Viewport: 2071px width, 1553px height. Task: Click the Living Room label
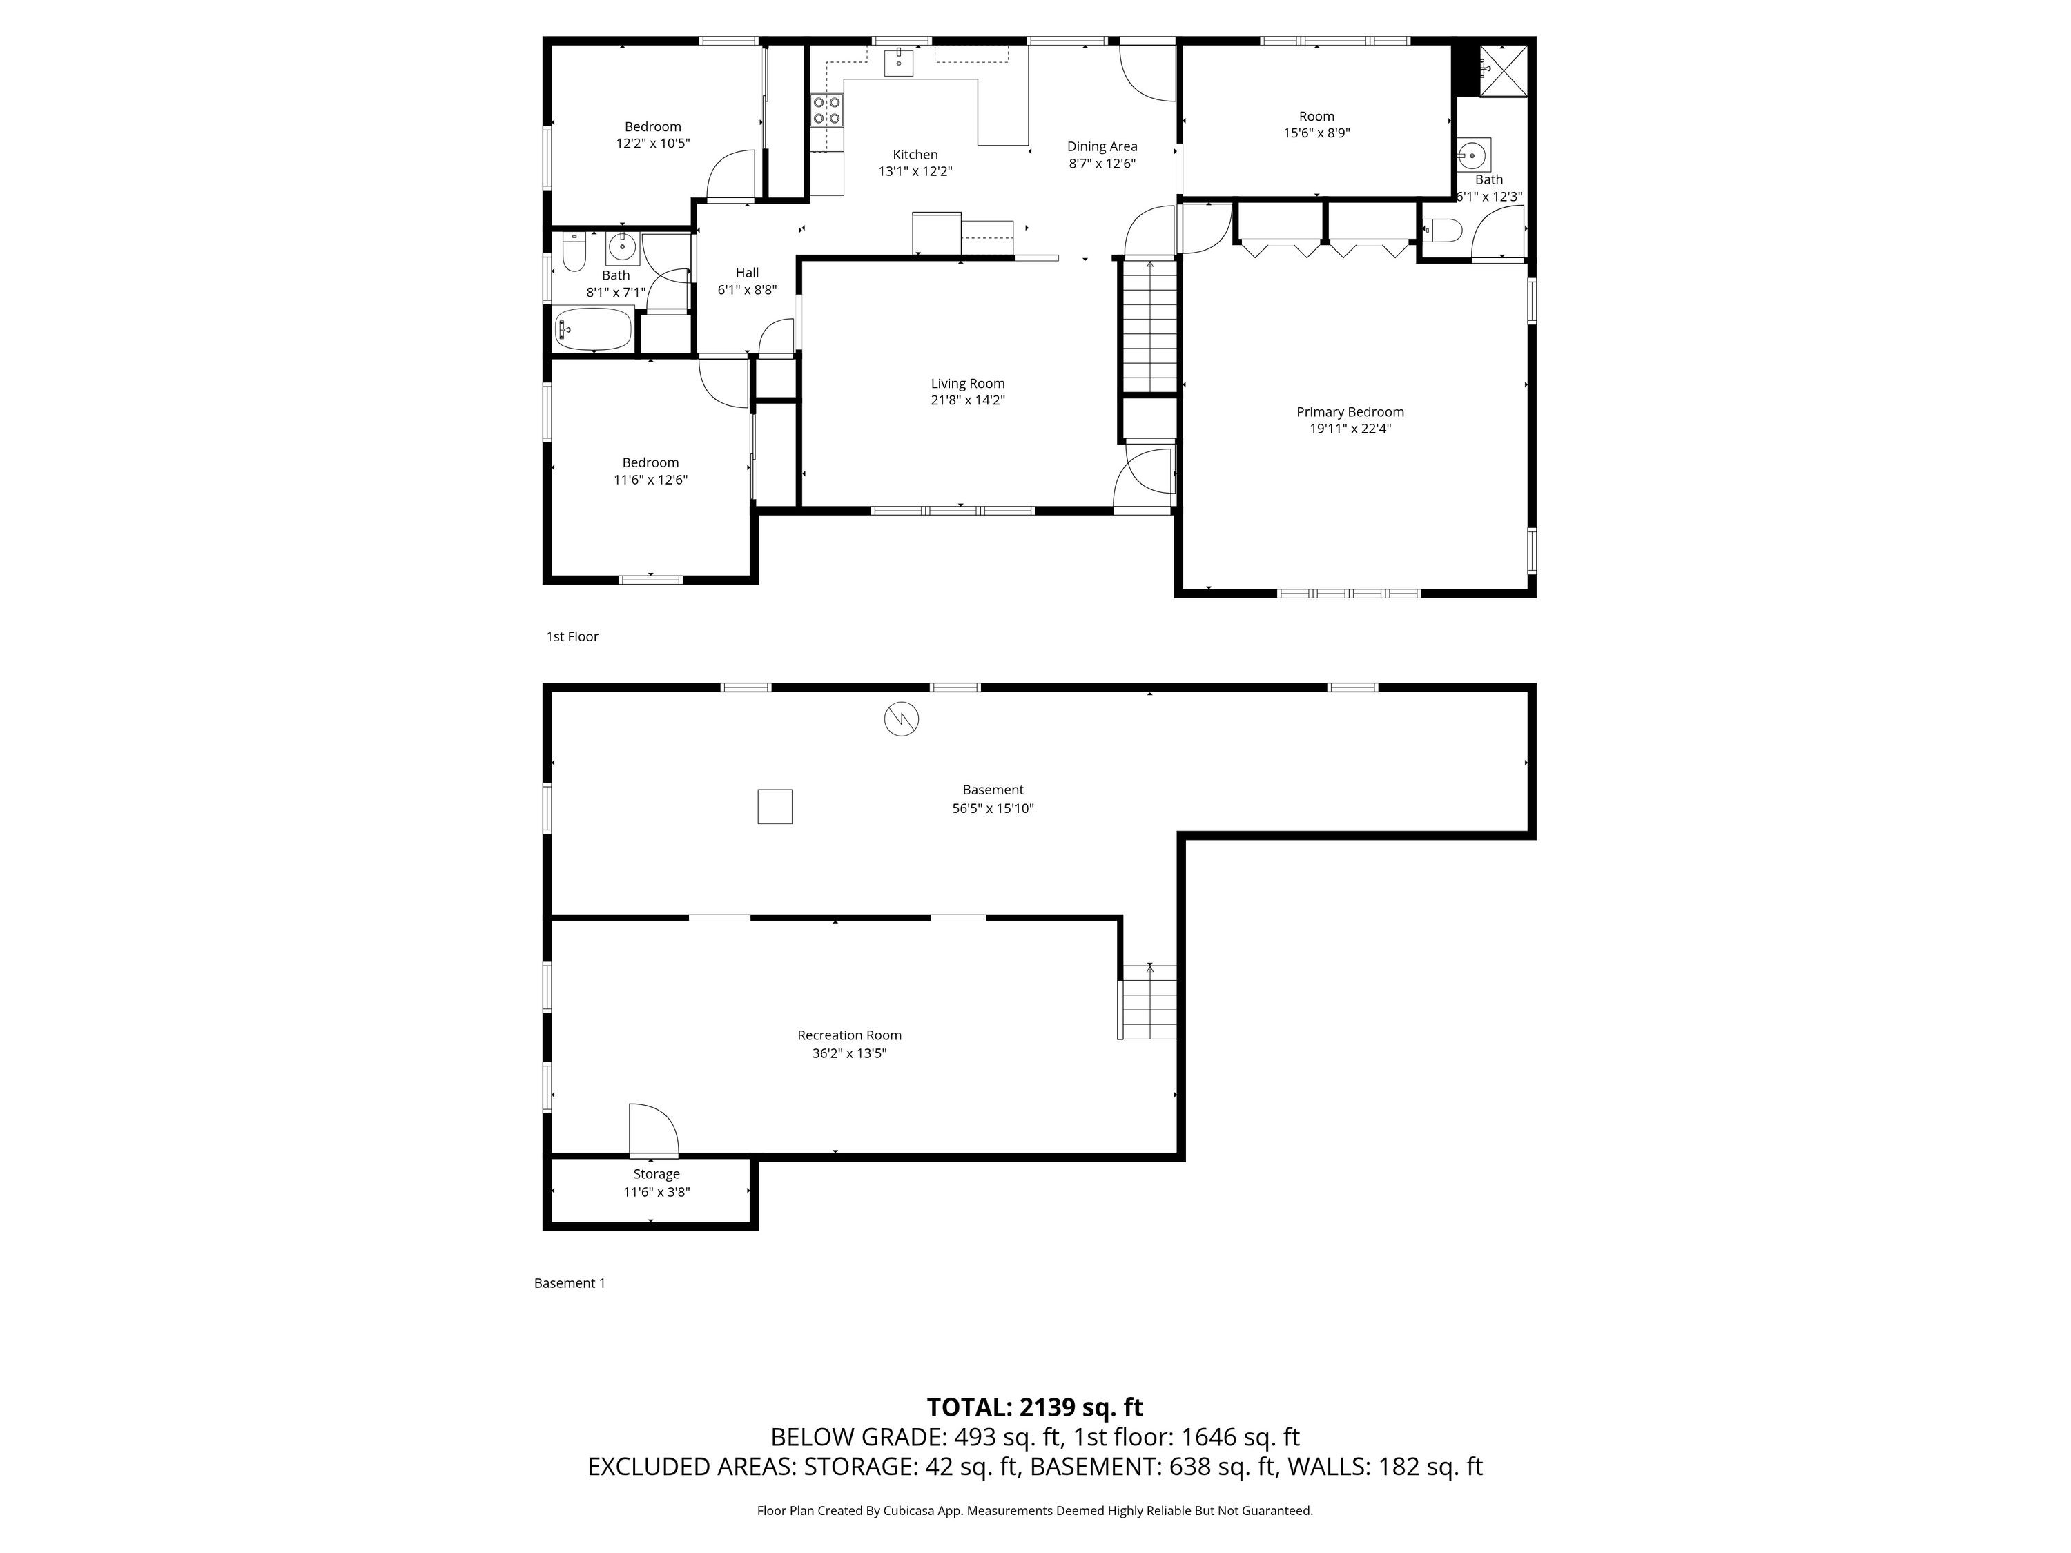967,384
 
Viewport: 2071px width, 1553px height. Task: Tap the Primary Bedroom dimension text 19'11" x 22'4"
1350,429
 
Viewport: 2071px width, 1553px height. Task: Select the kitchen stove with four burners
827,110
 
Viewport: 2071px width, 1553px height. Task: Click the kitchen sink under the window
899,63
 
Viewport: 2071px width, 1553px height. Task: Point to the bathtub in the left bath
592,329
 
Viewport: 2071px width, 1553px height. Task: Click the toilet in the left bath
574,251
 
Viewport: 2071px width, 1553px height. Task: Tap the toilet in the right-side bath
1442,231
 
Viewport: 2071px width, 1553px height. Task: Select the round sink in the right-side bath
1474,153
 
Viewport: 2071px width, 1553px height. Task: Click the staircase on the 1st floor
1149,326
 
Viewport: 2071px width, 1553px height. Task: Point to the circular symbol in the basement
902,719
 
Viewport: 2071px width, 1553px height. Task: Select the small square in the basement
775,807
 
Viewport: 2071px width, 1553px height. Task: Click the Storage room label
657,1174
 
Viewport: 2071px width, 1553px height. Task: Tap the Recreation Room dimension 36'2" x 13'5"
849,1053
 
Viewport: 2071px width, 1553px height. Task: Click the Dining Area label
1102,146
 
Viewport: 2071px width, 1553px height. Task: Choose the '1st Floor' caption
572,636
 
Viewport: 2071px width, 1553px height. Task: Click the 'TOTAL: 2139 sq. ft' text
1035,1407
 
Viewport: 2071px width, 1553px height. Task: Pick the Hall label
747,273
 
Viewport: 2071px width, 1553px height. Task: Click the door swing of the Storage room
654,1131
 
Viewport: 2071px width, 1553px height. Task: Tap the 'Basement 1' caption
570,1283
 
